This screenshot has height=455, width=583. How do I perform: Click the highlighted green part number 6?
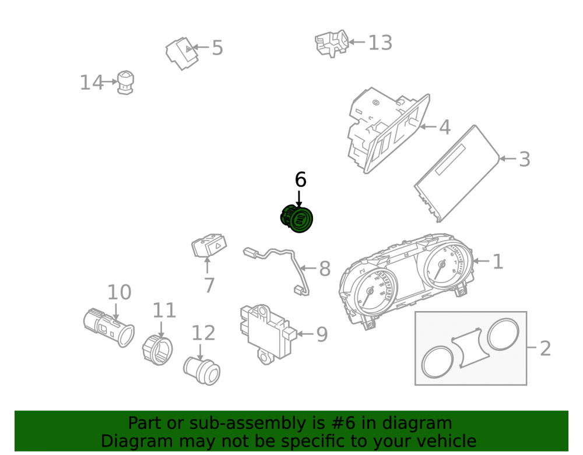pyautogui.click(x=297, y=218)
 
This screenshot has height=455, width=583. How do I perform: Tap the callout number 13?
pyautogui.click(x=380, y=43)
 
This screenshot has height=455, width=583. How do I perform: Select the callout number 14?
pyautogui.click(x=92, y=83)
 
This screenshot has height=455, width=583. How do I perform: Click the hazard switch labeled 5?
pyautogui.click(x=182, y=54)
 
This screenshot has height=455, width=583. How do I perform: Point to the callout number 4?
pyautogui.click(x=445, y=127)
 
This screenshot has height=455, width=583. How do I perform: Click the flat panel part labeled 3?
pyautogui.click(x=457, y=173)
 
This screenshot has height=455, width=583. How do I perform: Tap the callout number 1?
pyautogui.click(x=497, y=262)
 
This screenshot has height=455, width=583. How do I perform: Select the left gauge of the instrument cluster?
pyautogui.click(x=372, y=291)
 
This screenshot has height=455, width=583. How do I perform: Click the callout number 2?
pyautogui.click(x=545, y=348)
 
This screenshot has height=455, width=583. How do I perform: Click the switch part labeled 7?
pyautogui.click(x=209, y=245)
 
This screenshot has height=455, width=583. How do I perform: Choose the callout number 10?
pyautogui.click(x=120, y=292)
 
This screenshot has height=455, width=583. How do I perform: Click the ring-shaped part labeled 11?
pyautogui.click(x=157, y=350)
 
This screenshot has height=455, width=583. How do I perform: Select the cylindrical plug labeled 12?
pyautogui.click(x=202, y=371)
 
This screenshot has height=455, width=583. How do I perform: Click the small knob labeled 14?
pyautogui.click(x=125, y=83)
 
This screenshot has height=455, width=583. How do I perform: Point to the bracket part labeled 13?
pyautogui.click(x=332, y=43)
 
